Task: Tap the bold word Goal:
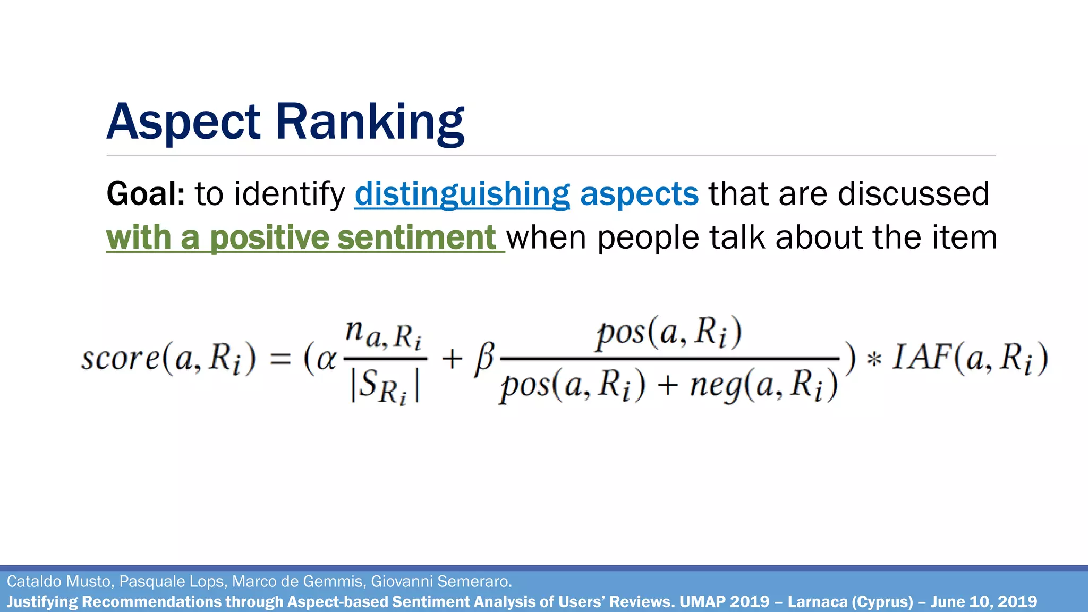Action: point(146,193)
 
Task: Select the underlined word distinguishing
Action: point(462,193)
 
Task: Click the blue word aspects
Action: point(639,193)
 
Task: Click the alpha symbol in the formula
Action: point(326,360)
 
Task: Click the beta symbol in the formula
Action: point(484,360)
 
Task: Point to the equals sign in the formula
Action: point(280,360)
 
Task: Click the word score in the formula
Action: point(120,359)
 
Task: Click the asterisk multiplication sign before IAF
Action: point(873,360)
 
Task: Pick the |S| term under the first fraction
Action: point(384,387)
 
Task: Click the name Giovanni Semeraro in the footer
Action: point(441,582)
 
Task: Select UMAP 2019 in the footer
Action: point(724,602)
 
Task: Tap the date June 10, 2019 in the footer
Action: point(983,602)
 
